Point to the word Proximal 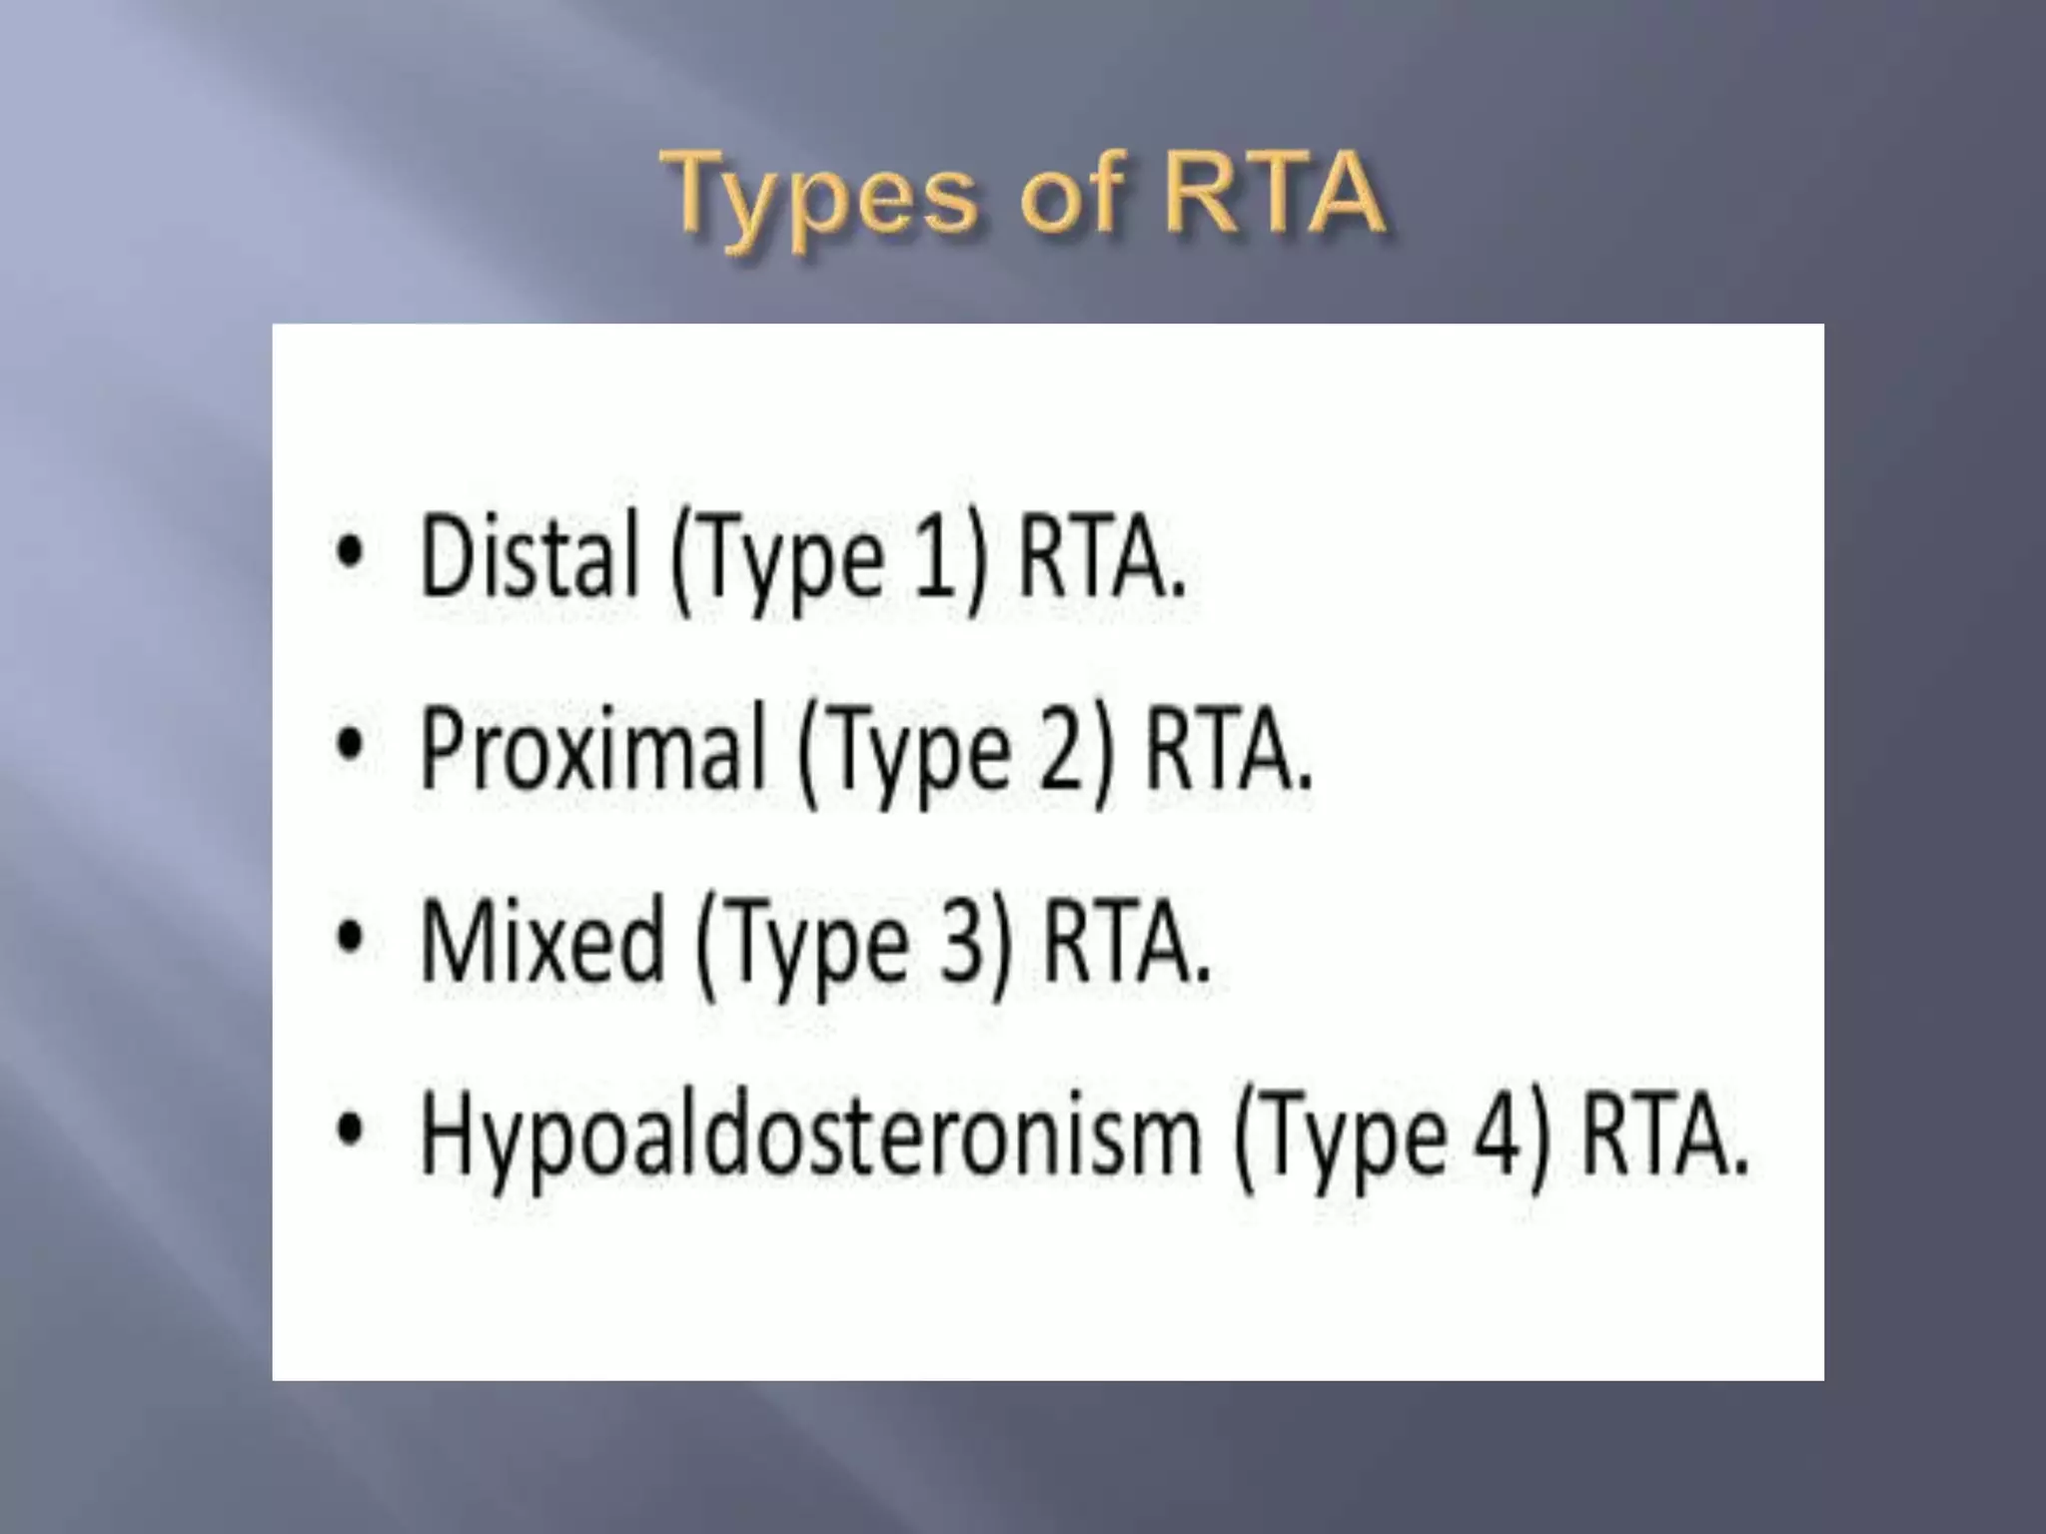coord(592,749)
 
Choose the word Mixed coord(541,941)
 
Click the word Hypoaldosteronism coord(810,1136)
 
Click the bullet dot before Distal coord(349,552)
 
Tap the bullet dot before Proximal coord(349,745)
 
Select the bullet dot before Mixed coord(349,938)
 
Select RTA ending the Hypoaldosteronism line coord(1662,1136)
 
